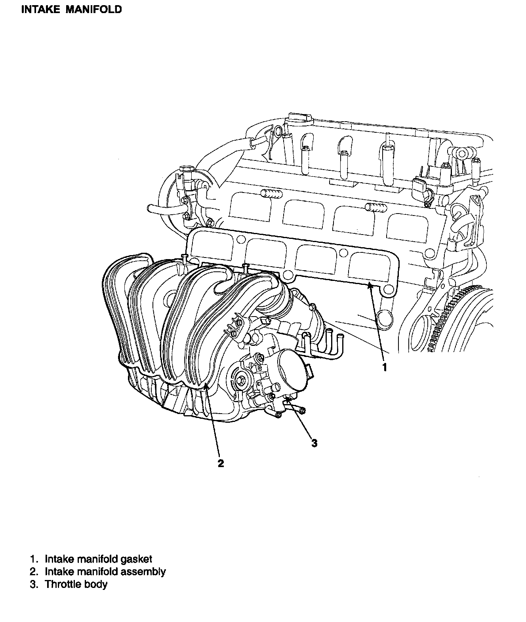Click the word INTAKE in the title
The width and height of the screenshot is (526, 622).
(x=40, y=10)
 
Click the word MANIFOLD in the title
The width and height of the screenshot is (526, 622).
(x=93, y=10)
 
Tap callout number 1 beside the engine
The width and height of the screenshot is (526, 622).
(x=384, y=367)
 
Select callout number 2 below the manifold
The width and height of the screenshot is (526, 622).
(x=221, y=464)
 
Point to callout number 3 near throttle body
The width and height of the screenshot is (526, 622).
(x=314, y=443)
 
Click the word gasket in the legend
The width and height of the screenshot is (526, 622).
(x=137, y=559)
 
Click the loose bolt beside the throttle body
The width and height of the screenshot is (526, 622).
(x=301, y=410)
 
